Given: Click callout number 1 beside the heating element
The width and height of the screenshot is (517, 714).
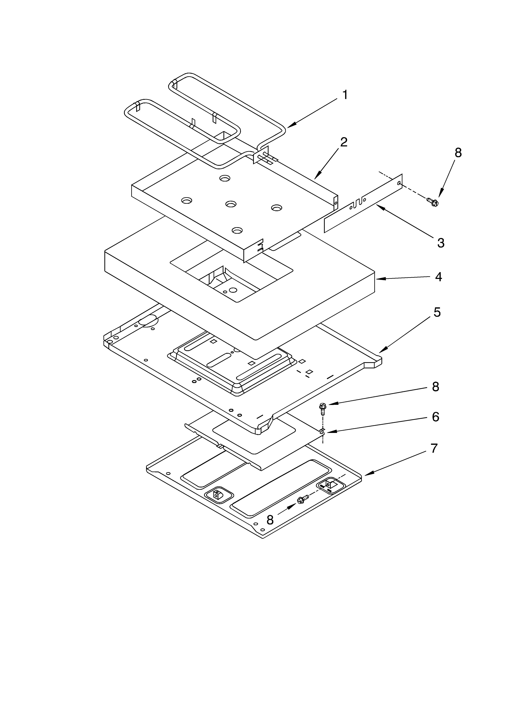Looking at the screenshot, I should coord(345,95).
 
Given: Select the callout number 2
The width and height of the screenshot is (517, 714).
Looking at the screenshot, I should coord(344,142).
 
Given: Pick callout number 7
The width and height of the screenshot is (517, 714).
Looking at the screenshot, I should coord(434,448).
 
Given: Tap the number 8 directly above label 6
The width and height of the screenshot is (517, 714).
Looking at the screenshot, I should coord(435,387).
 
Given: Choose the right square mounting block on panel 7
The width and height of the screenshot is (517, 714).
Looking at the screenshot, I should coord(329,484).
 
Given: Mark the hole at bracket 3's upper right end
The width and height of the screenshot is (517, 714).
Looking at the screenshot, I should coord(399,183).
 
